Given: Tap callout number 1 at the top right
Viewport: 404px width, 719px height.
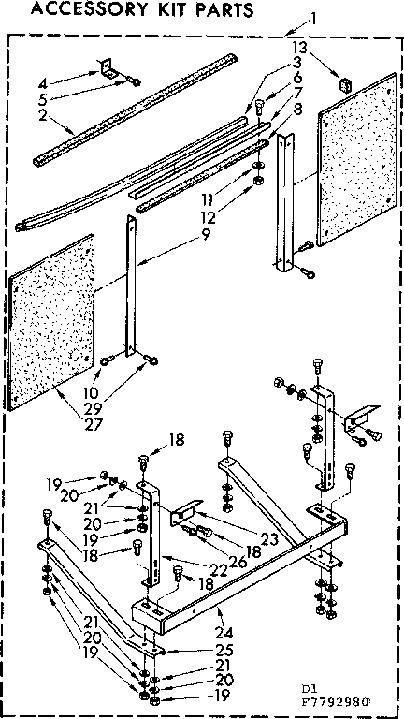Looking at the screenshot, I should pos(314,17).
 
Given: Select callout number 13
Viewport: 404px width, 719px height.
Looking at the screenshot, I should pos(298,47).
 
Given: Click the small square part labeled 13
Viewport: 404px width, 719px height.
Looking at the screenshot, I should pos(342,83).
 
